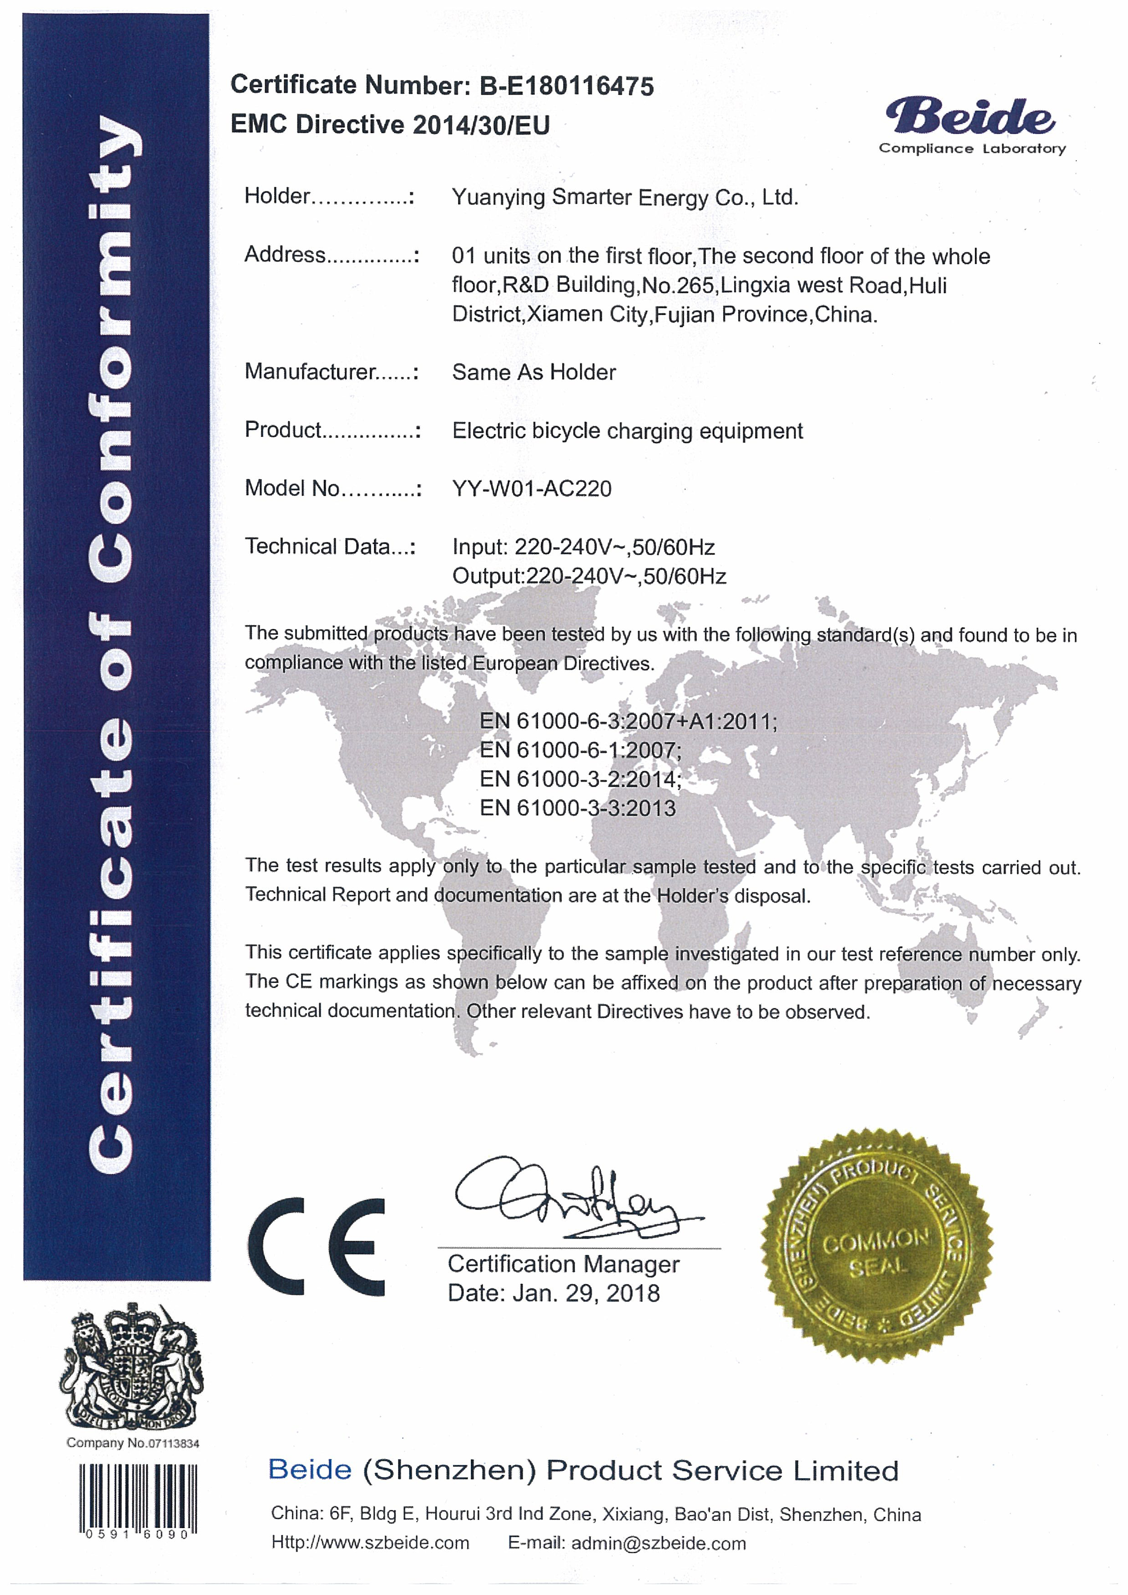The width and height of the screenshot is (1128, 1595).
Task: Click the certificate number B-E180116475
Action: click(566, 86)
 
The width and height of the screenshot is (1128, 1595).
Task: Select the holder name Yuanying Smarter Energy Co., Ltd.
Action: click(624, 197)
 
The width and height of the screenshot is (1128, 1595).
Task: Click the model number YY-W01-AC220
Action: click(532, 488)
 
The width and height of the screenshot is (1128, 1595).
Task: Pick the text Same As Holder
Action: click(534, 372)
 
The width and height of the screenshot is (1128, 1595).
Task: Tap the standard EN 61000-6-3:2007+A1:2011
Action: click(628, 721)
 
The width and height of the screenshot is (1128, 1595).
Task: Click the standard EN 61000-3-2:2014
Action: click(579, 779)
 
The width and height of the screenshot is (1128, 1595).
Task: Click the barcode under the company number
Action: click(138, 1496)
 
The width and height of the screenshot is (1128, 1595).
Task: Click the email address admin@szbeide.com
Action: click(658, 1544)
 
